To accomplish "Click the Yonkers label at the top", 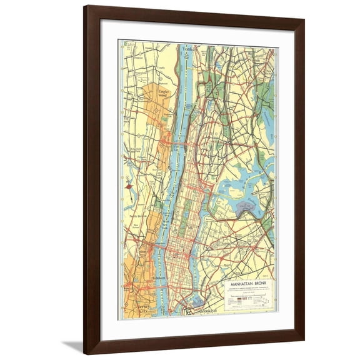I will [187, 48].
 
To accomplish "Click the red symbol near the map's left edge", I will [128, 186].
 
